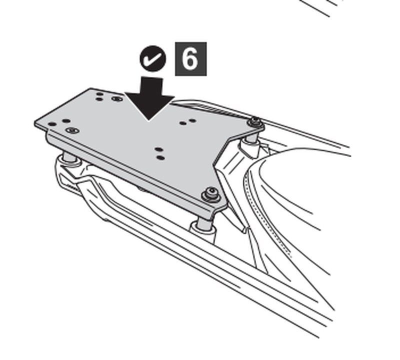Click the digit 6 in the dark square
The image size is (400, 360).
190,59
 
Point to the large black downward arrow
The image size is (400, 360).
149,100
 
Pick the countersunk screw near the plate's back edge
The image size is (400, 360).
117,99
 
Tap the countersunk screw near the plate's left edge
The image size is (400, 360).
73,130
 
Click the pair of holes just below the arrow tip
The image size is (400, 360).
159,153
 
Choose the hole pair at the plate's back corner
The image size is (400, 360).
99,96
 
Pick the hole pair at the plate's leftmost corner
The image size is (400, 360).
57,122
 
